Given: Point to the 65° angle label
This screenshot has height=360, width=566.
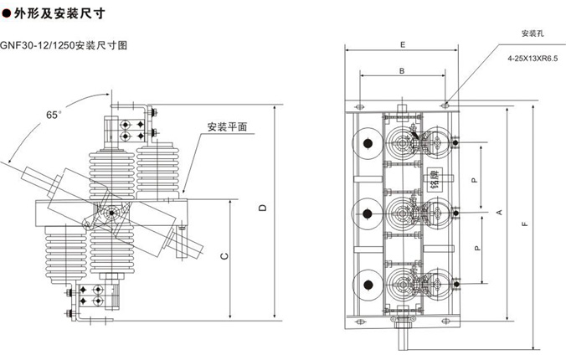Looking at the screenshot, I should click(x=54, y=113).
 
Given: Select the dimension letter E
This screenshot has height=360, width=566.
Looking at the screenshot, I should click(x=402, y=44).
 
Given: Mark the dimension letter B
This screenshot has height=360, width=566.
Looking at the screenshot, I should click(x=402, y=71).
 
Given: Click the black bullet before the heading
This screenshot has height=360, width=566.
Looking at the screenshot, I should click(x=7, y=13).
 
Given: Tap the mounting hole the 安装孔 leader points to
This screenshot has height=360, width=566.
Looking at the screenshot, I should click(x=445, y=105).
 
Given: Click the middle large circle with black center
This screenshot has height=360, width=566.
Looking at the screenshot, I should click(x=365, y=213).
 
